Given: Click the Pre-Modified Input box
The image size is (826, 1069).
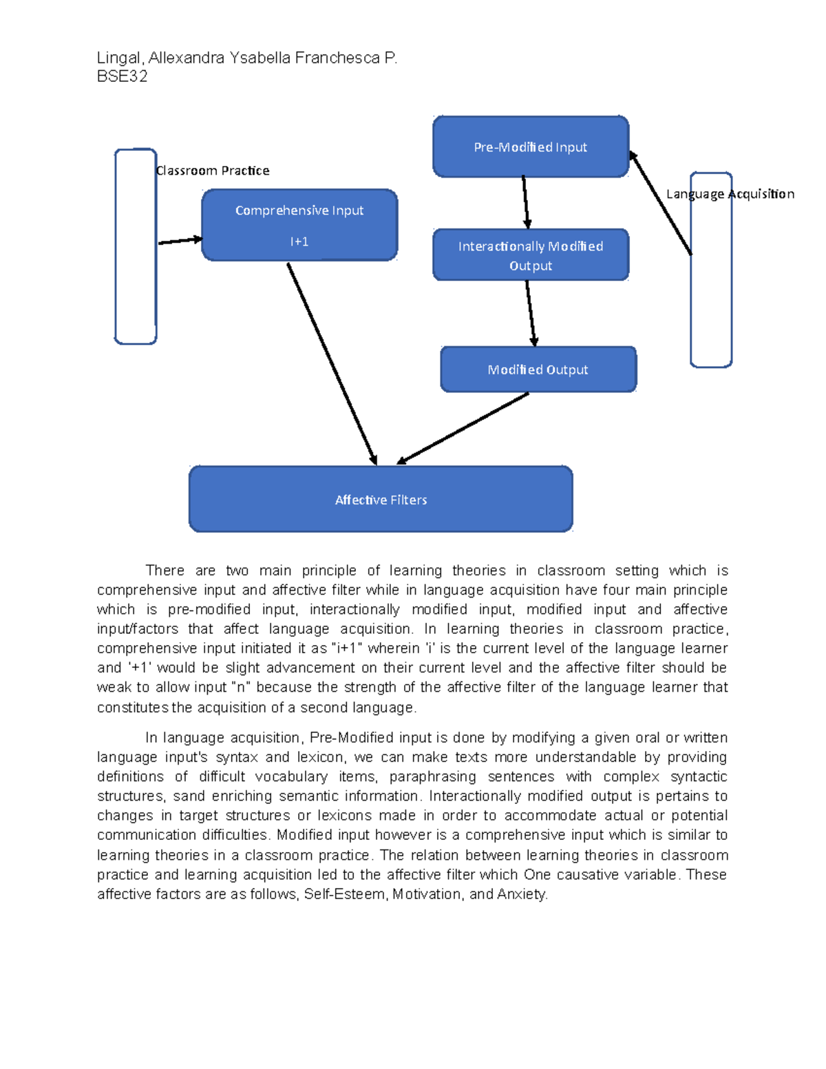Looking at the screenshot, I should pos(530,147).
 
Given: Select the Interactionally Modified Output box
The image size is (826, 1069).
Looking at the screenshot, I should pos(530,255).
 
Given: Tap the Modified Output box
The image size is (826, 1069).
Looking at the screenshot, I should pos(538,370).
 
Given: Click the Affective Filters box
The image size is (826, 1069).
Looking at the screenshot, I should pos(381,500).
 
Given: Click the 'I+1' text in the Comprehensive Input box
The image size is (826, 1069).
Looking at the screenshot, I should pos(299,242).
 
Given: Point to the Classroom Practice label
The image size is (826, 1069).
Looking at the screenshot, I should pos(213,171).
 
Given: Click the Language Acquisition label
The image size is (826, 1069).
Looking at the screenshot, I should pos(730,194).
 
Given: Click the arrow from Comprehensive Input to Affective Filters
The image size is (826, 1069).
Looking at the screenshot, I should pos(332,363).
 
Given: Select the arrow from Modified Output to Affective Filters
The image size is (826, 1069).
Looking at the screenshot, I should pos(463,428).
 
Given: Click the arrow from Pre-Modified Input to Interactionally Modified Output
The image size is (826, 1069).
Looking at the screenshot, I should pos(525,202).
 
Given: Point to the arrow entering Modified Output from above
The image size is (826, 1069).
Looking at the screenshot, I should pos(530,313).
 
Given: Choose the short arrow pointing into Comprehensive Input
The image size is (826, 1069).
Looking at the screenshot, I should pos(180,241).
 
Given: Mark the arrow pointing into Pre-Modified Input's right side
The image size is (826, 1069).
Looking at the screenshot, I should pos(661,204).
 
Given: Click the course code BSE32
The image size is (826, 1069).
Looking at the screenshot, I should pos(122,76).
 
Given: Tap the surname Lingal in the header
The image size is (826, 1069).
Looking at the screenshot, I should pos(118,58).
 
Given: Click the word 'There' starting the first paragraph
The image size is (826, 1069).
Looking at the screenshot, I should pos(165,571).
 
